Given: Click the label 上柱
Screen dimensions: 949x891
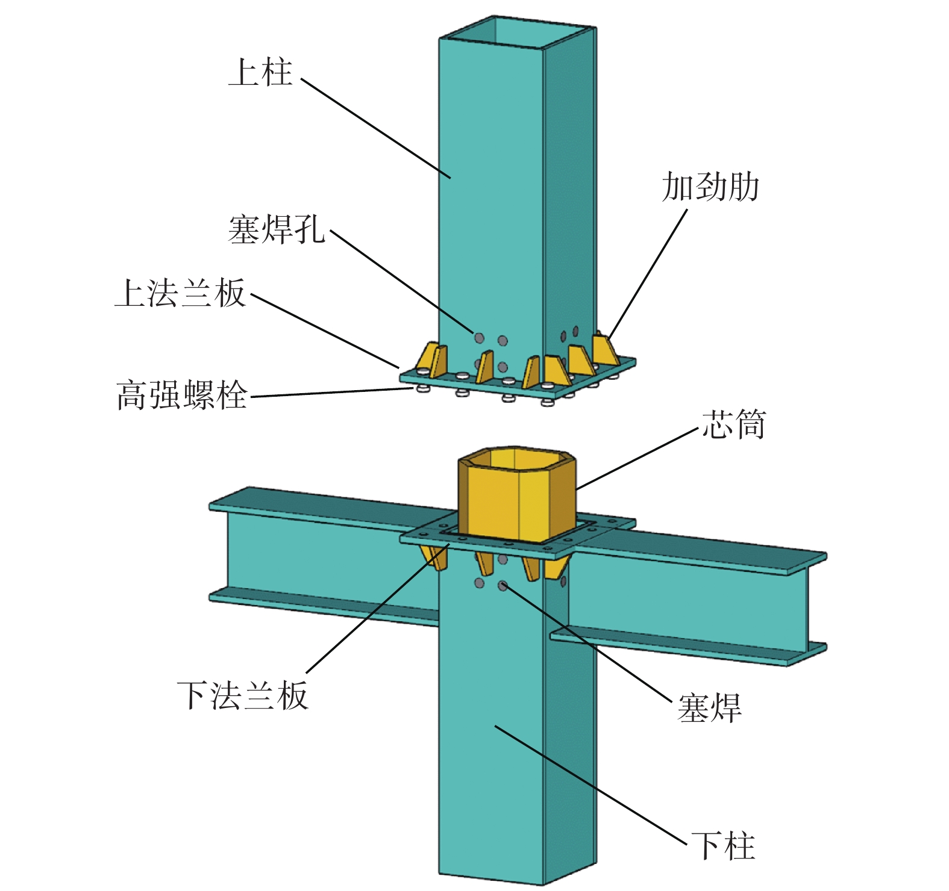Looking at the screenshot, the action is (x=260, y=72).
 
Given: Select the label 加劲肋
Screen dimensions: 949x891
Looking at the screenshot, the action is (x=710, y=187).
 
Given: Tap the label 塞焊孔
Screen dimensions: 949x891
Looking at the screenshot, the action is (x=277, y=229).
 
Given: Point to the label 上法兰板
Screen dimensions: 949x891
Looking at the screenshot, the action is (x=181, y=293).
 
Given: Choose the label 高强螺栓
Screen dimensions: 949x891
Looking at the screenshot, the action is (x=182, y=395).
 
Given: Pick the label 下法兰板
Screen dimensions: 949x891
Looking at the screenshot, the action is (x=243, y=695).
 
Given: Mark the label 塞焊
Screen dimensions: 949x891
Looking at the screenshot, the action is (x=709, y=708).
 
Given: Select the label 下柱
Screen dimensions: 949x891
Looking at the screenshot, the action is (x=723, y=846).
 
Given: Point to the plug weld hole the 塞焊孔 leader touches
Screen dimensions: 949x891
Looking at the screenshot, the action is (x=479, y=338).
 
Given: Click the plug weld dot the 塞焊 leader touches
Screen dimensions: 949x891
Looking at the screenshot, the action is (x=503, y=585).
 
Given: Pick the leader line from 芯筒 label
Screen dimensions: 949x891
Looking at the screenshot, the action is (x=637, y=458).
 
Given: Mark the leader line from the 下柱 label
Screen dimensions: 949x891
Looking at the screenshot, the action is (x=591, y=784).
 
